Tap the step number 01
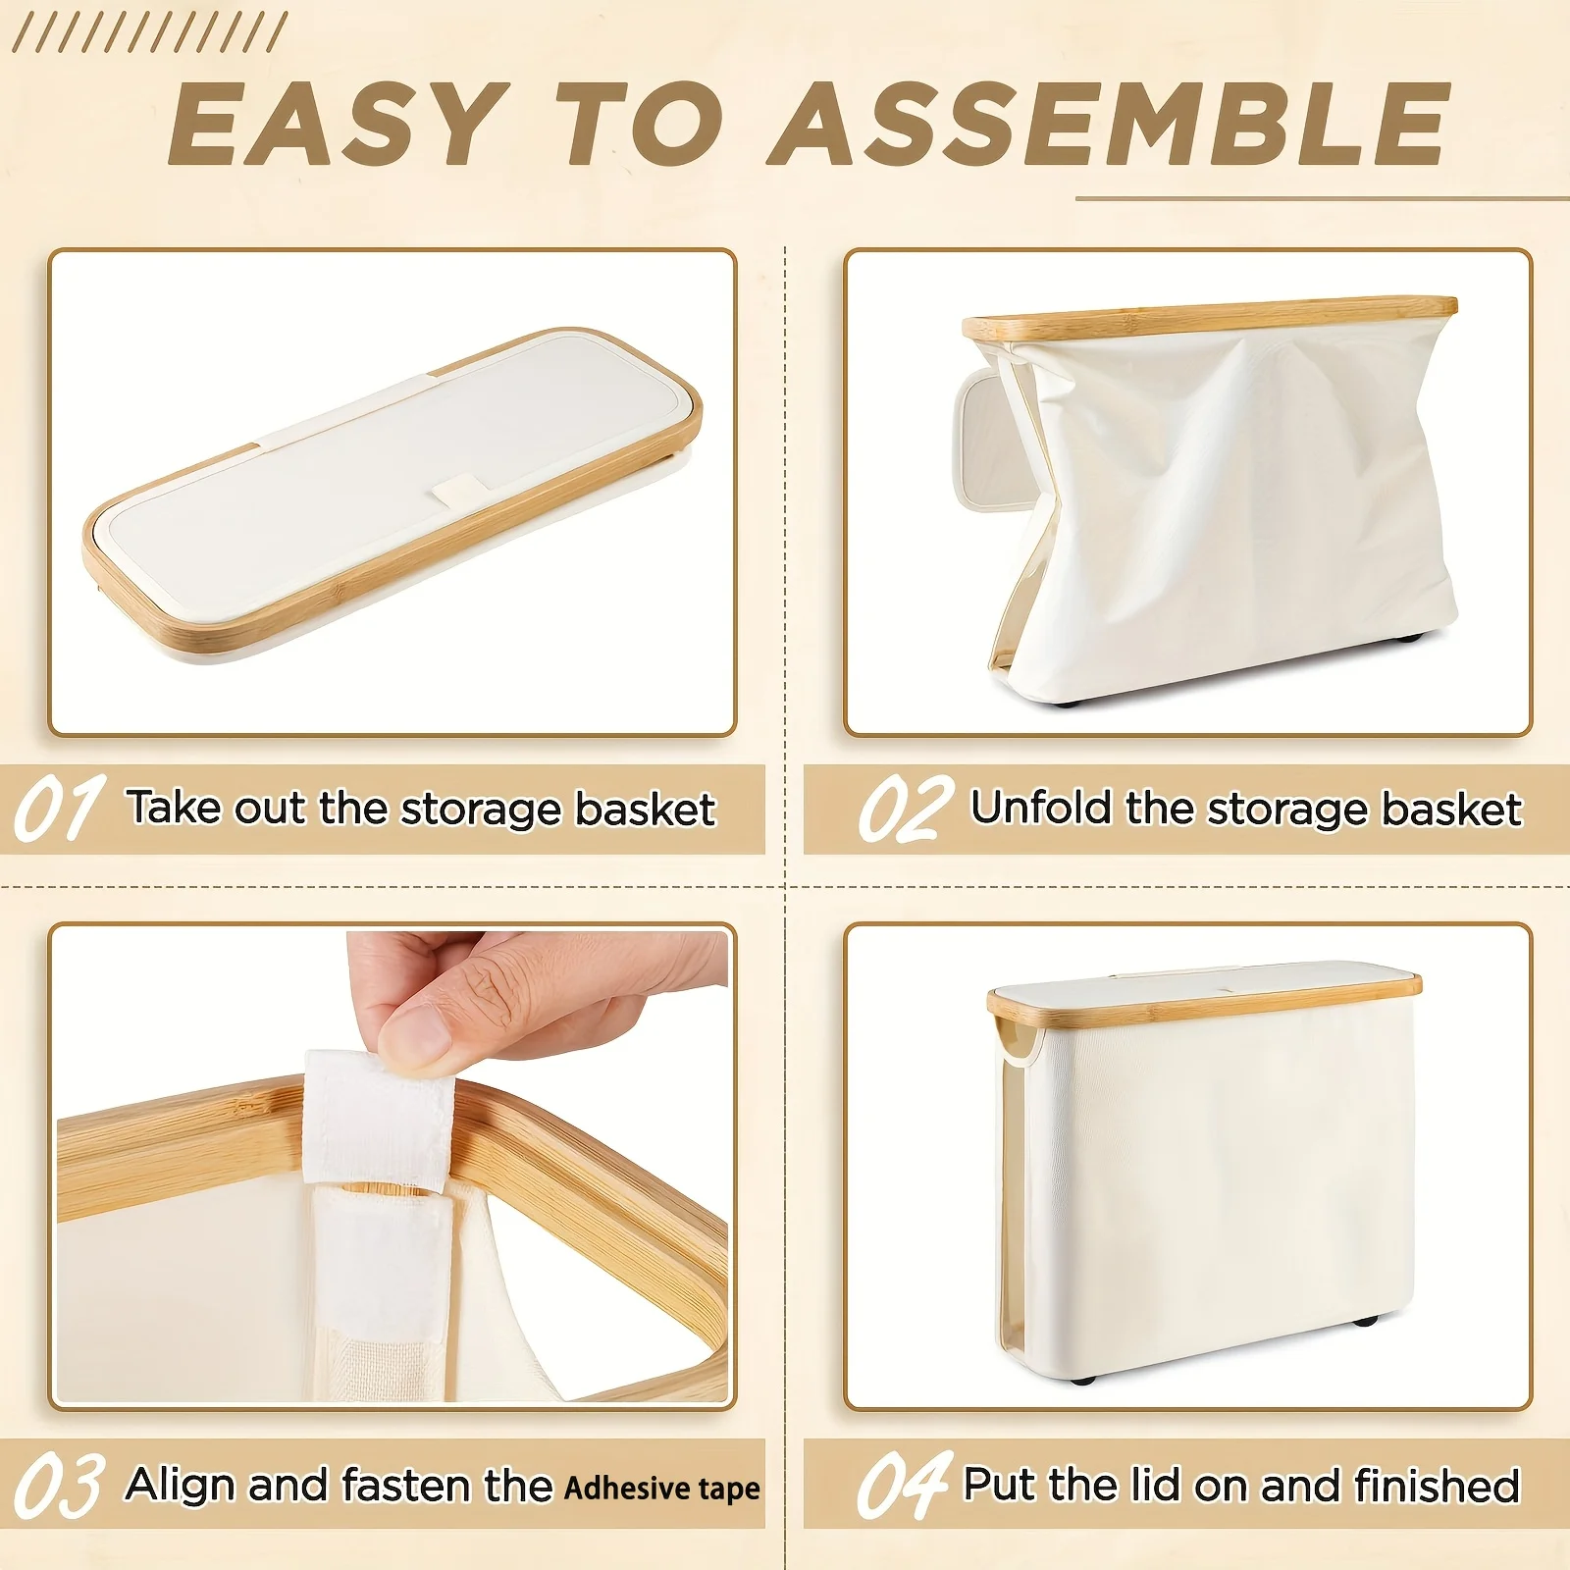[x=60, y=808]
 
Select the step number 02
[x=905, y=808]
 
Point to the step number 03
[x=59, y=1485]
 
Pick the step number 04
[x=905, y=1485]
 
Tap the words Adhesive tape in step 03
[x=662, y=1488]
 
